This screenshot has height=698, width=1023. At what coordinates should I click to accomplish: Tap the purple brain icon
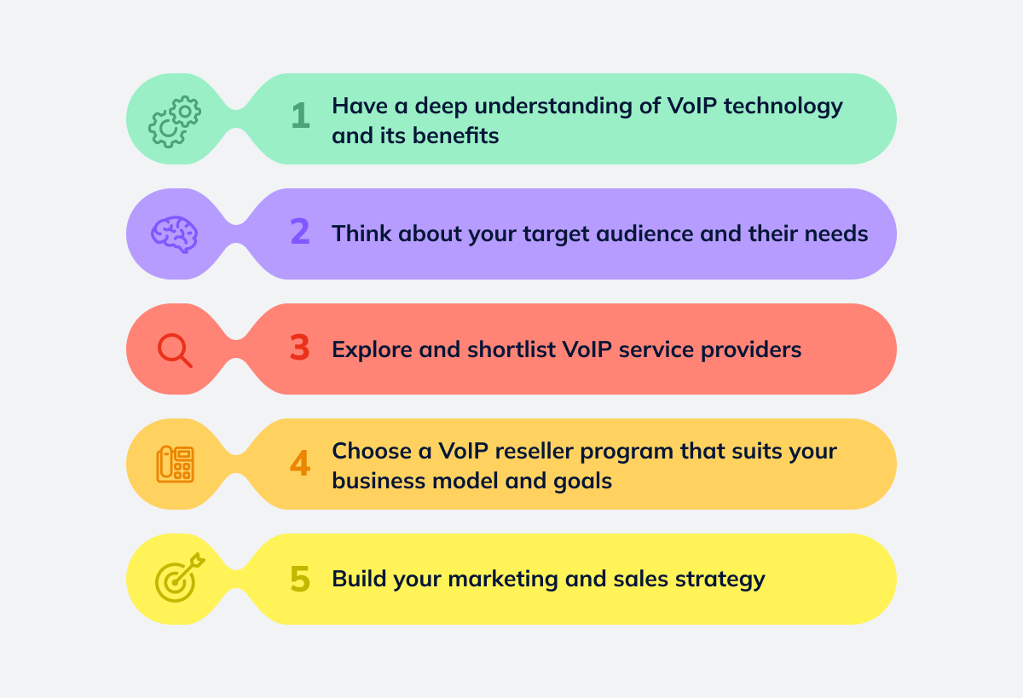(175, 233)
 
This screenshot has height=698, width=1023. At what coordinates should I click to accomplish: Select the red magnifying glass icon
(175, 349)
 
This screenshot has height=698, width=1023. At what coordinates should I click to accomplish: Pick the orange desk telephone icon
(175, 464)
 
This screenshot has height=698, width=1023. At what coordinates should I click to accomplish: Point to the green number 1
(300, 117)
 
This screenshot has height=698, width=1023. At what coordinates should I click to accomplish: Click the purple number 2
(300, 233)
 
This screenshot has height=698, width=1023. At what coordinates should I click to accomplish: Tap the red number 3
(299, 349)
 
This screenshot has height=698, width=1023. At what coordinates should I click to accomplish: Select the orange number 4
(300, 464)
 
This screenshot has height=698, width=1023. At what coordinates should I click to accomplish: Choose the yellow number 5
(300, 580)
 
